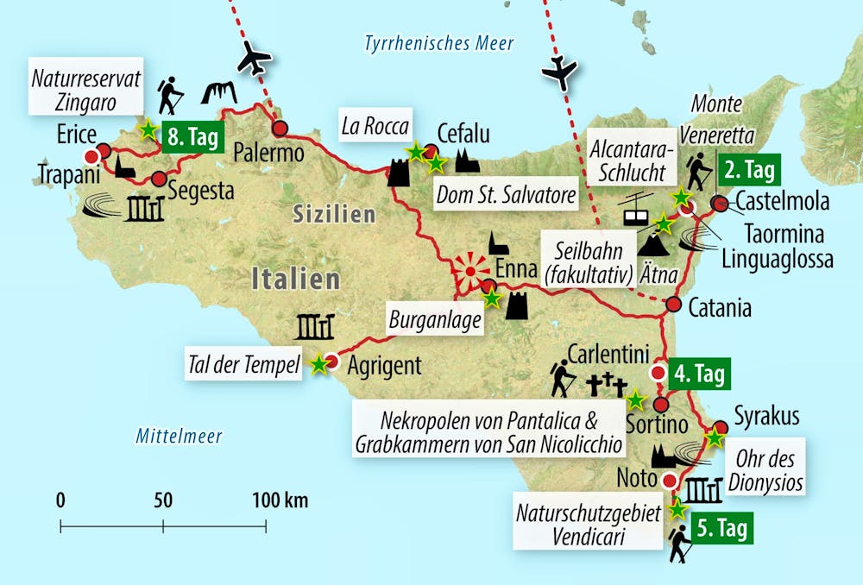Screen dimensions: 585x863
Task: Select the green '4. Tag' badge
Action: (x=699, y=374)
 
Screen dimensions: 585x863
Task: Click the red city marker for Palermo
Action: (x=280, y=129)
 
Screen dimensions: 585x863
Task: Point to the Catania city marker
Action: (x=674, y=304)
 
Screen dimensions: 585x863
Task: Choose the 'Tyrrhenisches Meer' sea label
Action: (x=438, y=43)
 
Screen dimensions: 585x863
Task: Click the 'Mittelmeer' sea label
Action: (x=179, y=437)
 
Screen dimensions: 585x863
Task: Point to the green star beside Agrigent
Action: (x=319, y=365)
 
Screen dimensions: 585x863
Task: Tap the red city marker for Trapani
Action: (x=91, y=156)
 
